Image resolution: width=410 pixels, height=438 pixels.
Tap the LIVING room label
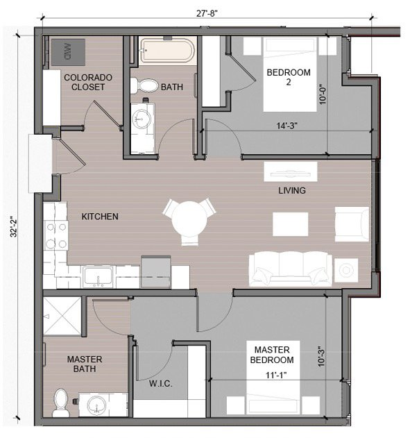click(292, 190)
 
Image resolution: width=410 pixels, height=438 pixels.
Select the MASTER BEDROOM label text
click(273, 354)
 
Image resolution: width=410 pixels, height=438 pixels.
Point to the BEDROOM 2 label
click(288, 78)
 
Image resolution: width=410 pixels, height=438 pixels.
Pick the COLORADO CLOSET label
click(85, 82)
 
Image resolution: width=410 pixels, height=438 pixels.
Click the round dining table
click(188, 220)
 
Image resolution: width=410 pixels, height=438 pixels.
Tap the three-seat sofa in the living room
click(291, 267)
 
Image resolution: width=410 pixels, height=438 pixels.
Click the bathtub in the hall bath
click(167, 51)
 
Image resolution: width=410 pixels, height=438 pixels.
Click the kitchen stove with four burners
click(55, 235)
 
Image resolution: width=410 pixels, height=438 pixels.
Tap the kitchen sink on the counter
click(99, 278)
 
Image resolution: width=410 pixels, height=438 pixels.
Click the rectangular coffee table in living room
click(290, 224)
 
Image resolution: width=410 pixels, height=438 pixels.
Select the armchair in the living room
click(348, 224)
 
